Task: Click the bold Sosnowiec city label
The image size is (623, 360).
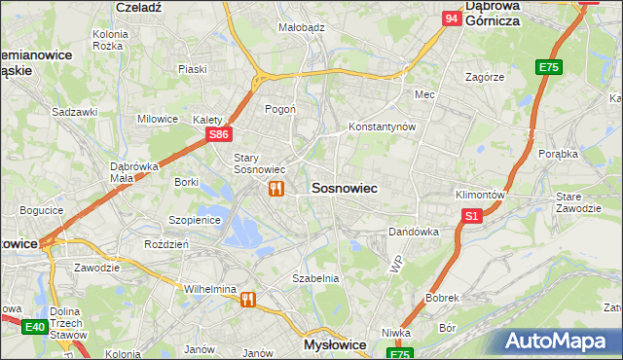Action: (344, 187)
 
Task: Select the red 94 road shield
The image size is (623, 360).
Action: (451, 18)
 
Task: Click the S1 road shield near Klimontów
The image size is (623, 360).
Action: (471, 216)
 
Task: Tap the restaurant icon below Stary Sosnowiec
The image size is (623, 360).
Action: (276, 189)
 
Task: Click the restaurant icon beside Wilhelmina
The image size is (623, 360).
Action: (248, 300)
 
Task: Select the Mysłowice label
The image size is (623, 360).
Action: (335, 345)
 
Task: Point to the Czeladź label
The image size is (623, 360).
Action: (137, 6)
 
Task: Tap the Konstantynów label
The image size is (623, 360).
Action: (384, 127)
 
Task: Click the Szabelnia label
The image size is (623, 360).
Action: (315, 278)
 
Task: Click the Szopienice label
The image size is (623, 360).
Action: (195, 220)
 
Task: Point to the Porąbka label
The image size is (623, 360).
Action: (559, 154)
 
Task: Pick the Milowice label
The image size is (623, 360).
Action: (158, 119)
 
